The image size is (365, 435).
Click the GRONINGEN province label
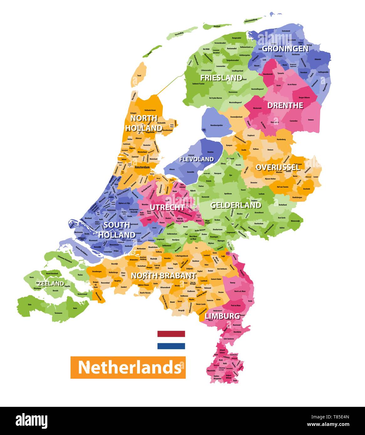[285, 49]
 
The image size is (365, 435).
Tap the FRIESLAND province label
[221, 78]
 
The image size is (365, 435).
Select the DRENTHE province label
[285, 105]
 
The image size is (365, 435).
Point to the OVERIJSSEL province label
[278, 167]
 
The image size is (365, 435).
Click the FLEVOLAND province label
[196, 159]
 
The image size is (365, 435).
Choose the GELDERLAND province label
[236, 205]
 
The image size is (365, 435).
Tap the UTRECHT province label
[167, 207]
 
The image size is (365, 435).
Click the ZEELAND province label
[51, 284]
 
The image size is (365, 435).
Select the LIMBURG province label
[222, 316]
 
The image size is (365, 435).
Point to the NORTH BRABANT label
[164, 276]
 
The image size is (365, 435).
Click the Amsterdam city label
[143, 167]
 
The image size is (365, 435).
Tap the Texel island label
[139, 76]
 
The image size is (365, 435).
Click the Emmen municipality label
[311, 120]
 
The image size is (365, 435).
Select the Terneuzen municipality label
[58, 313]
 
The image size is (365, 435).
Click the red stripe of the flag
[171, 334]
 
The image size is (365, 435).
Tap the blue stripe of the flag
[171, 346]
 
